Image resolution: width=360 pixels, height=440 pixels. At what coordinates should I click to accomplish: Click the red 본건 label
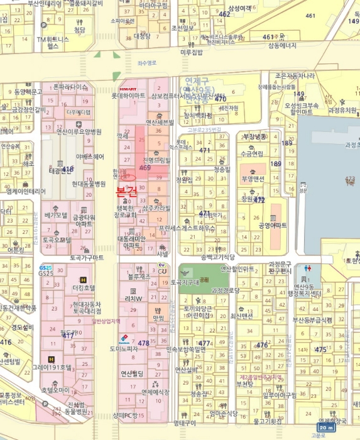click(126, 190)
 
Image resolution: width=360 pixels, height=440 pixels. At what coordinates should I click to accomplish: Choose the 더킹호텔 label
click(83, 287)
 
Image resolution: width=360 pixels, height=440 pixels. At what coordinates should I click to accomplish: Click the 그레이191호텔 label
click(53, 367)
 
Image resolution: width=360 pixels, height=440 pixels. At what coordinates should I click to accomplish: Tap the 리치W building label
click(134, 299)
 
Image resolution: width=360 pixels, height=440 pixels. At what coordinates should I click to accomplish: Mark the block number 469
click(145, 168)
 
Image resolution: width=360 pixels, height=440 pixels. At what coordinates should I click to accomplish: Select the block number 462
click(225, 14)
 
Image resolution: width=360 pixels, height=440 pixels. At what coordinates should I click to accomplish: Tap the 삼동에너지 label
click(282, 45)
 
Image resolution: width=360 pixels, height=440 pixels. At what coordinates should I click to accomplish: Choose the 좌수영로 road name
click(146, 63)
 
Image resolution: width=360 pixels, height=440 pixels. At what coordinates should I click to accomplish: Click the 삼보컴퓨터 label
click(165, 96)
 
